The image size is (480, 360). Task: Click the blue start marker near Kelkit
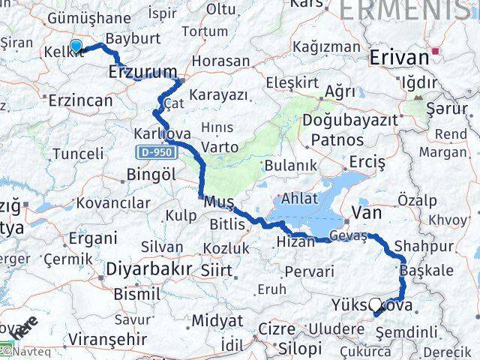[76, 47]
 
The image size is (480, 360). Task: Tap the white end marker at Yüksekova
[376, 304]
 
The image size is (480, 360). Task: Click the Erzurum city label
[142, 72]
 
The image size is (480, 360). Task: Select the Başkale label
[426, 270]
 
